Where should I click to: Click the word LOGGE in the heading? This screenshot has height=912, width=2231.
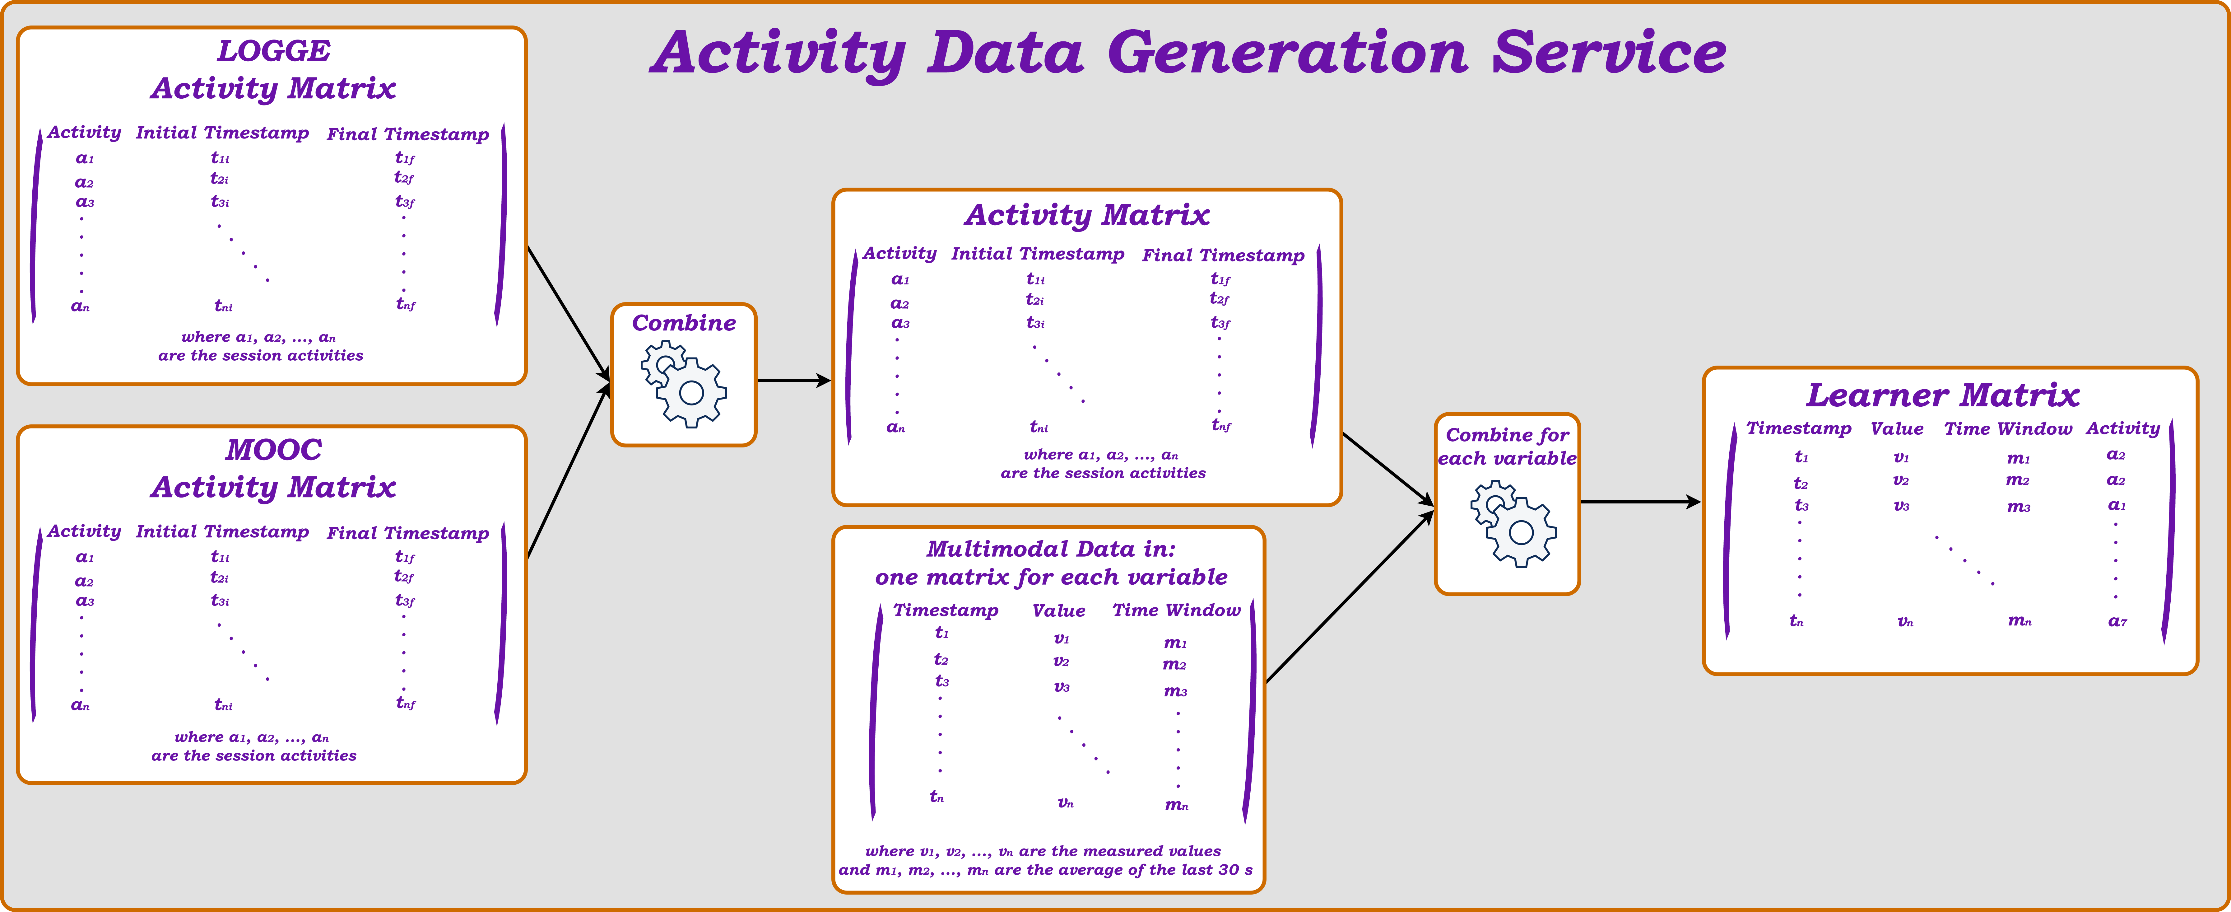coord(274,51)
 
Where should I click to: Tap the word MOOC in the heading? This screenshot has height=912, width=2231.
coord(274,450)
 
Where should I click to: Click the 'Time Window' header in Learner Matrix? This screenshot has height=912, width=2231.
coord(2008,429)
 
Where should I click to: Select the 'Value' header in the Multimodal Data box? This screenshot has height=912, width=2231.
coord(1058,610)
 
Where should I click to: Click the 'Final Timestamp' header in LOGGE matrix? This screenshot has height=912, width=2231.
coord(408,134)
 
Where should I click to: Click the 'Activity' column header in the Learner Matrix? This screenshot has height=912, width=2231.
coord(2123,429)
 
